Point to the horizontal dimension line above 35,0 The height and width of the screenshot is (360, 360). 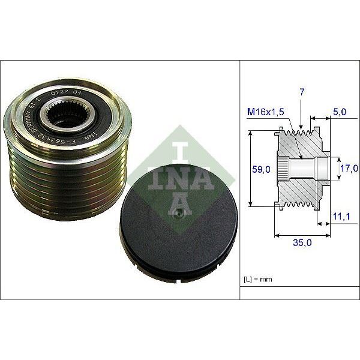point(300,236)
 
